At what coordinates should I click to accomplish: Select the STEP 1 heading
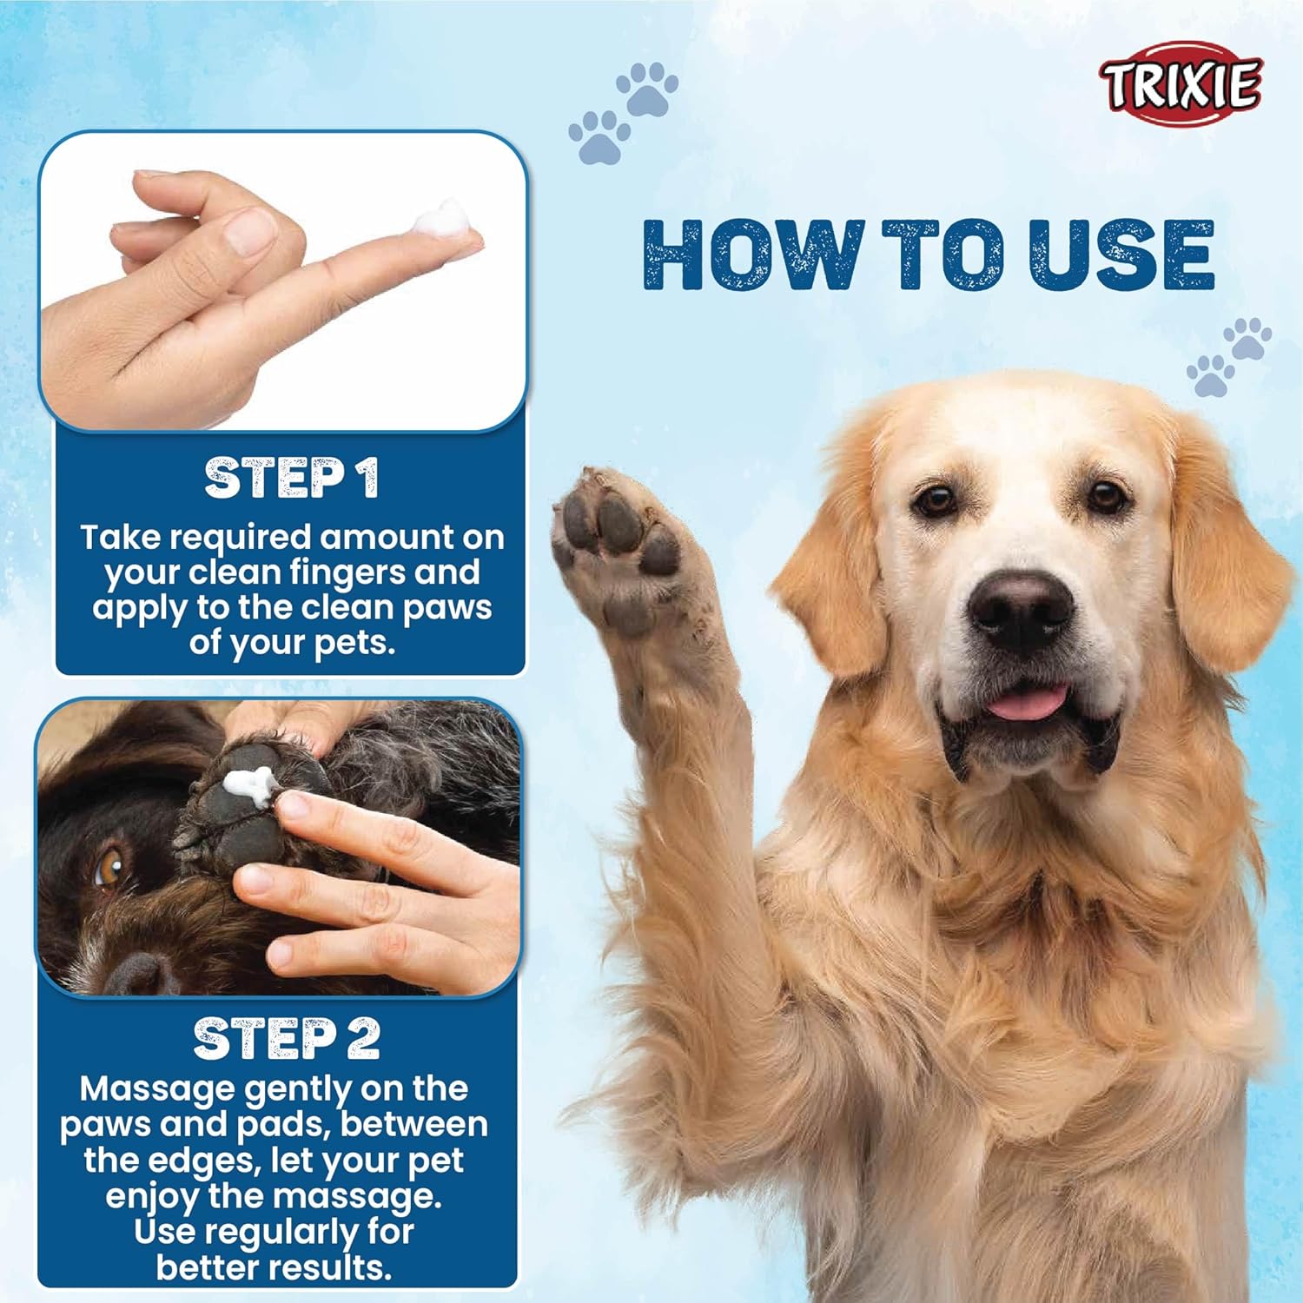click(x=291, y=478)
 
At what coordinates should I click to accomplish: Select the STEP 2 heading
click(x=286, y=1039)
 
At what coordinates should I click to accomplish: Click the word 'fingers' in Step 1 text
click(x=347, y=573)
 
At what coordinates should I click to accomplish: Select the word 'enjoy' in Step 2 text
click(x=151, y=1197)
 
